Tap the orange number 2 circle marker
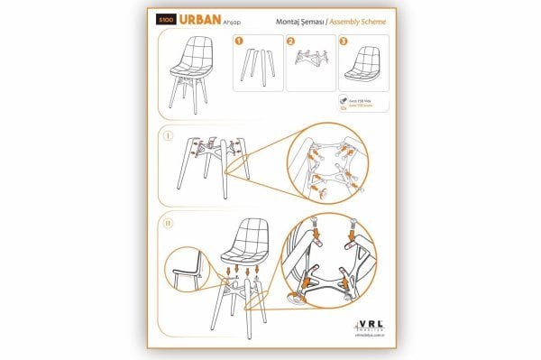pos(290,41)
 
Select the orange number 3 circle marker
pos(344,41)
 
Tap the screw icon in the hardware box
pos(344,104)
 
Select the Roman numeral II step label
pos(169,220)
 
